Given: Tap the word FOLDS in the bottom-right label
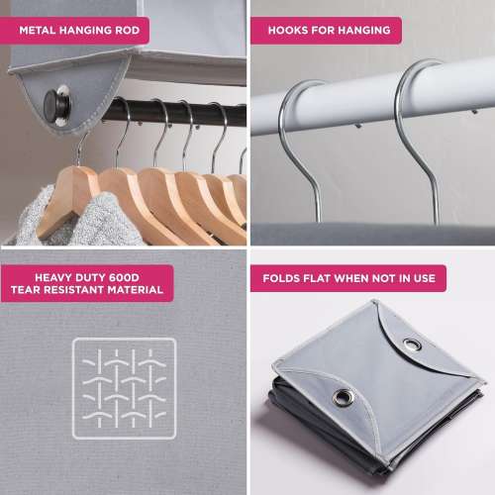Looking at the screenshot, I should tap(283, 278).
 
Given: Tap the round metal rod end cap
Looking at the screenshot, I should tap(59, 101).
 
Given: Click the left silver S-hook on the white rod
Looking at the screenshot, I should tap(297, 139).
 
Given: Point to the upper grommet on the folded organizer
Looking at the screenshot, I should tap(411, 345).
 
